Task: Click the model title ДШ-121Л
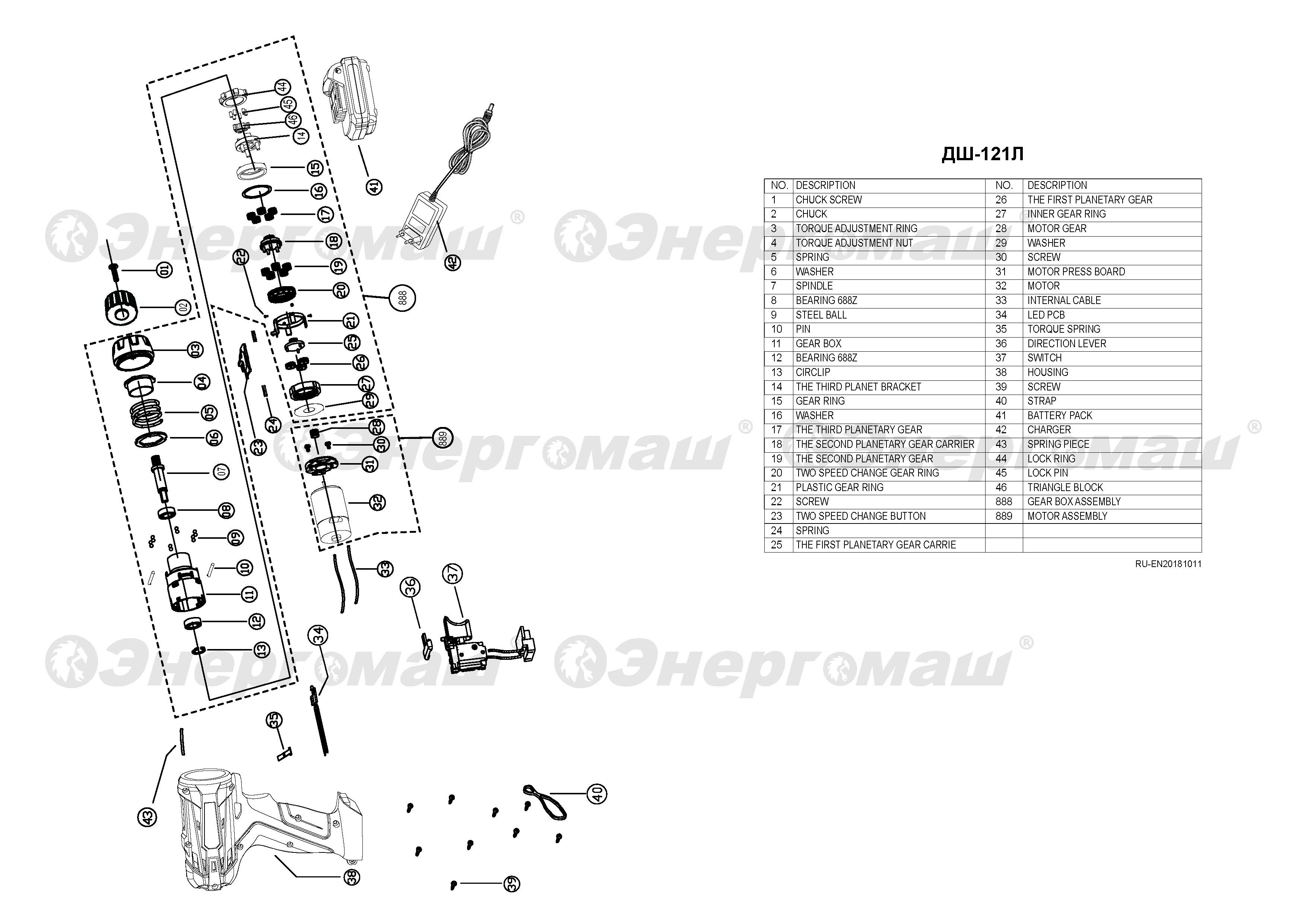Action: (983, 154)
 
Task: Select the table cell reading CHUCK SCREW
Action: (828, 200)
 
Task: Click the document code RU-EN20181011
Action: (1168, 564)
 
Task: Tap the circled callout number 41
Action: (374, 187)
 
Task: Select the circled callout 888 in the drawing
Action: (403, 297)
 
